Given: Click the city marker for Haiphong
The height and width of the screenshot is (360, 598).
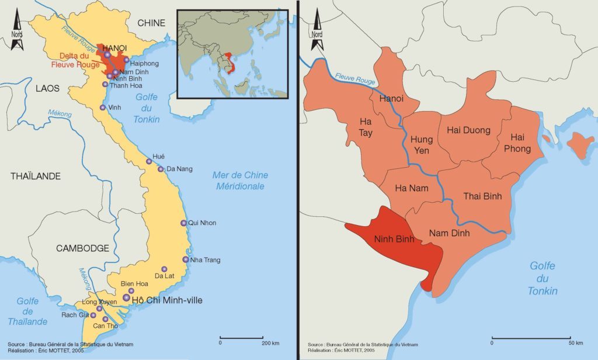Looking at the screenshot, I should tap(126, 60).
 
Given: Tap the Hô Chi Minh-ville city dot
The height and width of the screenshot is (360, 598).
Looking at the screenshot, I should tap(126, 297).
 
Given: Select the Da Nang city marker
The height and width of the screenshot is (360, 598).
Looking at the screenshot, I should tap(161, 169).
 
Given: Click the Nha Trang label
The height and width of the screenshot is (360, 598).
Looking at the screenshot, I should tap(205, 260).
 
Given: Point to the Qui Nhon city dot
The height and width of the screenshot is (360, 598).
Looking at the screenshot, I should tap(183, 223).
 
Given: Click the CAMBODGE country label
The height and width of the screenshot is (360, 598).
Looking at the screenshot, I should tap(82, 248).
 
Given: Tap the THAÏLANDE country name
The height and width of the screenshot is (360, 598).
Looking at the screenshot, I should tap(36, 176).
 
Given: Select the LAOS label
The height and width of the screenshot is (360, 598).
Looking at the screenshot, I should tap(48, 88).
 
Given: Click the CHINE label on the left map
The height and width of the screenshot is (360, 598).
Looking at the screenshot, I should tap(151, 23).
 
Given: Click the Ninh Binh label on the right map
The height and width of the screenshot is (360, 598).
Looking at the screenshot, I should tap(394, 239).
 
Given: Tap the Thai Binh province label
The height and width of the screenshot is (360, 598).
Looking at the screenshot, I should tap(482, 196).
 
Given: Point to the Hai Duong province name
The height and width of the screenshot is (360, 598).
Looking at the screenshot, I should tap(468, 130).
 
